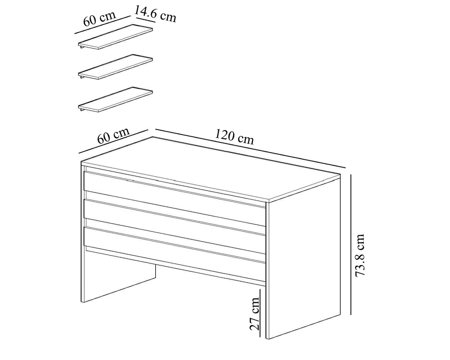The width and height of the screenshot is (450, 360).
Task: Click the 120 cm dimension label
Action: click(234, 136)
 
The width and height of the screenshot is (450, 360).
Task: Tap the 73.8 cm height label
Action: click(360, 255)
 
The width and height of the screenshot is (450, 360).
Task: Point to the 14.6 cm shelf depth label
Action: click(155, 13)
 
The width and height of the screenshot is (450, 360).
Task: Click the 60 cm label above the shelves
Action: click(99, 18)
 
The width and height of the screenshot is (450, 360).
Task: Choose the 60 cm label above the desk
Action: click(113, 135)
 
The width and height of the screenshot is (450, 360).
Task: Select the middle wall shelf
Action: click(115, 67)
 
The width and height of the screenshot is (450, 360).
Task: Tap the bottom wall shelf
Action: click(115, 99)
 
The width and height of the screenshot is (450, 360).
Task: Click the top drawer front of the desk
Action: click(174, 189)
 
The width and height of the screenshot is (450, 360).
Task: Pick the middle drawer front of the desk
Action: click(174, 217)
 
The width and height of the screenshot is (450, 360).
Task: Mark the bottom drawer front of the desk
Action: click(174, 245)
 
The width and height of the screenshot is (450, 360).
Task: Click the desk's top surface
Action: click(210, 168)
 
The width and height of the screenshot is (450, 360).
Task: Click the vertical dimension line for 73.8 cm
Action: click(351, 244)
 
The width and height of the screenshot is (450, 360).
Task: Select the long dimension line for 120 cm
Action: click(250, 148)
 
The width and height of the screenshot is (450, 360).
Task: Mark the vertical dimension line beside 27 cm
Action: click(260, 313)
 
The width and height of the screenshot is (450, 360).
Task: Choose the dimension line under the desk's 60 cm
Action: click(113, 141)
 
